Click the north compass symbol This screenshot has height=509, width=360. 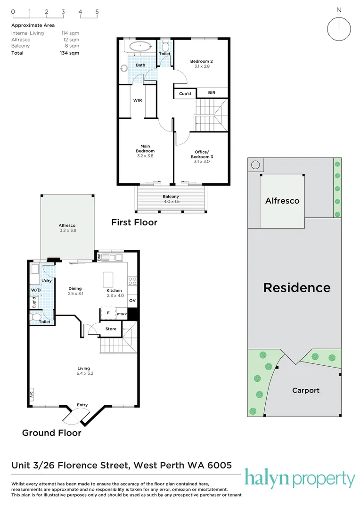click(x=339, y=28)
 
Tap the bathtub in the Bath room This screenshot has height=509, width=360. click(x=140, y=47)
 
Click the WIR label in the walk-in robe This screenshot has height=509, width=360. click(x=138, y=100)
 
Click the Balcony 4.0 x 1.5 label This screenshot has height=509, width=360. click(x=171, y=199)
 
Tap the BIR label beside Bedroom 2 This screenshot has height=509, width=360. click(x=212, y=93)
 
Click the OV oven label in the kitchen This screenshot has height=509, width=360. click(x=132, y=300)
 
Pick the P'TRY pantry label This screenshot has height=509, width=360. click(x=122, y=313)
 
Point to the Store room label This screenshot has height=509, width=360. click(x=111, y=329)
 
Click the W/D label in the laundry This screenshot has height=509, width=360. click(x=35, y=290)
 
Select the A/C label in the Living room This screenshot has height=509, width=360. click(x=31, y=395)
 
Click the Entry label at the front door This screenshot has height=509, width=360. click(x=82, y=405)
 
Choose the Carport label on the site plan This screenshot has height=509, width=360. click(x=305, y=390)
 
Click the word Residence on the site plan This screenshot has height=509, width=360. click(x=296, y=287)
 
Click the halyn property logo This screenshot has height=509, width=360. click(x=300, y=479)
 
